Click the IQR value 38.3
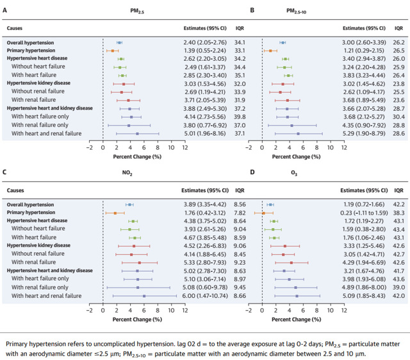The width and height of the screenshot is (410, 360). [x=398, y=212]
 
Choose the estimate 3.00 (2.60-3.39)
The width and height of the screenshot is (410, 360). [x=364, y=43]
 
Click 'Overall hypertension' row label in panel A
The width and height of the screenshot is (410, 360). [x=29, y=43]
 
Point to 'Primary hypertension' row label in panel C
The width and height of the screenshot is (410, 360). [x=30, y=212]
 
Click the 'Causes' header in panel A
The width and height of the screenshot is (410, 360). [x=15, y=29]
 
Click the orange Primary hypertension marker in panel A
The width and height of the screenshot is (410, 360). [x=112, y=50]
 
